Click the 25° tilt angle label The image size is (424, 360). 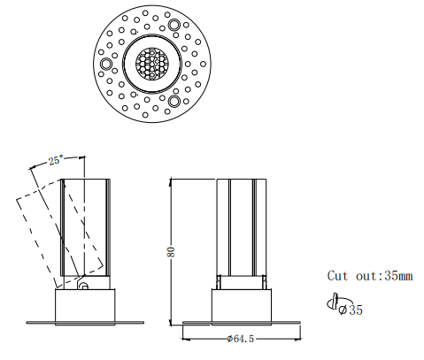click(x=56, y=160)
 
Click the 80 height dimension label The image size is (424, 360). click(x=171, y=251)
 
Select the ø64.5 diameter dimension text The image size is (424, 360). click(x=241, y=339)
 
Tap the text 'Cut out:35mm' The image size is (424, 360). click(x=370, y=276)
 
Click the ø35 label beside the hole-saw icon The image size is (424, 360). click(x=351, y=310)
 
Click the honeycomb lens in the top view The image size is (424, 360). click(x=151, y=63)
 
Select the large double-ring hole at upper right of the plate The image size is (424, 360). click(x=174, y=25)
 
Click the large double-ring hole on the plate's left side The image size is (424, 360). click(x=106, y=64)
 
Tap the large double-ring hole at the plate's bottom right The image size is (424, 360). click(x=174, y=101)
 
